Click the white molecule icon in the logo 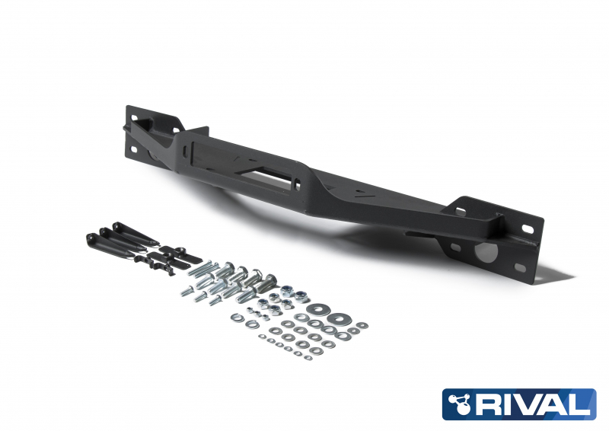pos(458,404)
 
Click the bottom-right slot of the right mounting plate pos(520,267)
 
